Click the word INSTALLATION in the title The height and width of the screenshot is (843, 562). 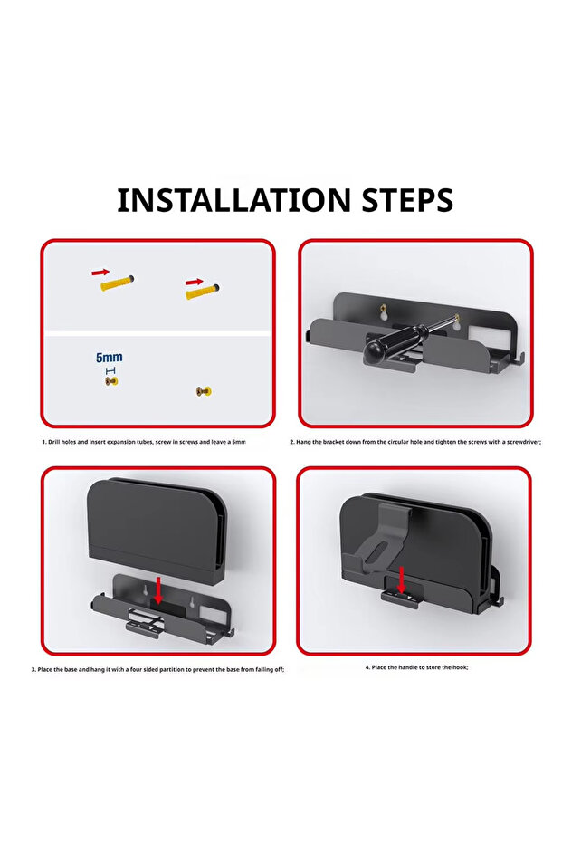coord(233,200)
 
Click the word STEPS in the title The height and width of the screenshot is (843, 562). coord(407,200)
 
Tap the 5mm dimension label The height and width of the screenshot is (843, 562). coord(110,358)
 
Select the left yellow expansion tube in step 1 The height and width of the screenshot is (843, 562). coord(117,283)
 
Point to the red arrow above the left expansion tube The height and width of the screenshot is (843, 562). coord(100,272)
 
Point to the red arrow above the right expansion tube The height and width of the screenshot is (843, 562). coord(194,282)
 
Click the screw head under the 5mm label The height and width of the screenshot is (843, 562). coord(111,381)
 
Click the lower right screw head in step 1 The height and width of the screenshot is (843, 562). coord(204,391)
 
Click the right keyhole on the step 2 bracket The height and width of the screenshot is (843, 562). coord(456,322)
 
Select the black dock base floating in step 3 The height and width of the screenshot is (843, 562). coord(157,532)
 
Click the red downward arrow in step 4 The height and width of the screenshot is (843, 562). coord(401,580)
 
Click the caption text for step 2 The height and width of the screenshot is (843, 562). coord(415,442)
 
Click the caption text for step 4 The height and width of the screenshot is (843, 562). coord(416,667)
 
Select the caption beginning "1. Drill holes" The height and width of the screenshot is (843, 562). coord(144,442)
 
